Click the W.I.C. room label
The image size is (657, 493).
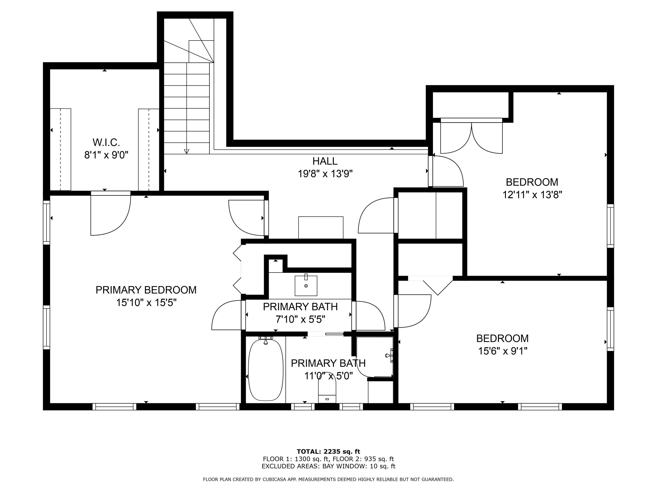(106, 143)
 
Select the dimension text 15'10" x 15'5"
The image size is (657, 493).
(146, 303)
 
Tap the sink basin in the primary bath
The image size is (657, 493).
(306, 286)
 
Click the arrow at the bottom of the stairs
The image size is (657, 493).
(187, 151)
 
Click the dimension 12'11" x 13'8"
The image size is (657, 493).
(532, 195)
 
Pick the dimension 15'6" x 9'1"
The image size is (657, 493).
(502, 351)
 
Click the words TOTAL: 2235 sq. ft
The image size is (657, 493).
(328, 452)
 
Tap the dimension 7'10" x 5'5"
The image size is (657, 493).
(300, 319)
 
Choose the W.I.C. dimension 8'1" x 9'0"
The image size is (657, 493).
(106, 155)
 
